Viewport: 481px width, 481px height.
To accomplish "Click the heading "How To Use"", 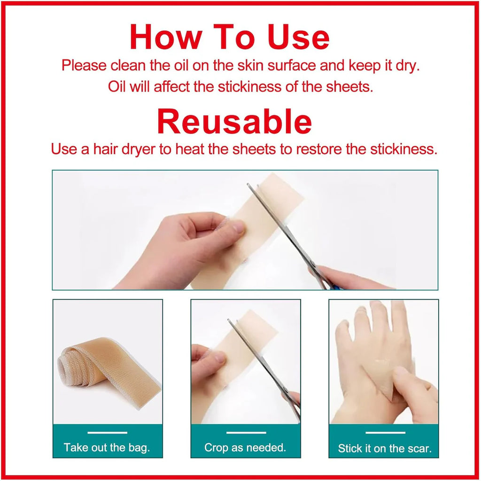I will (230, 37).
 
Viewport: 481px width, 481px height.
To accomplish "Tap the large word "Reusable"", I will (234, 121).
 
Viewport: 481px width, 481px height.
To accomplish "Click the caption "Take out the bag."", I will (107, 447).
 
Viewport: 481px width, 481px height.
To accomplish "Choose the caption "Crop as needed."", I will (245, 447).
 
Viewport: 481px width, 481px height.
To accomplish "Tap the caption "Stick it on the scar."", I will (384, 448).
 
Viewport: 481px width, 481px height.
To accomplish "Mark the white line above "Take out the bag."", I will (107, 432).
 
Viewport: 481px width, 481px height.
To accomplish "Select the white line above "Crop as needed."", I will (246, 432).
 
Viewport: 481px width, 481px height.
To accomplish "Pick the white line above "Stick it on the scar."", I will (385, 432).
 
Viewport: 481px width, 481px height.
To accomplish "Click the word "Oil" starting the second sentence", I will (117, 87).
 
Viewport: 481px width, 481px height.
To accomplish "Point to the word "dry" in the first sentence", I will (408, 65).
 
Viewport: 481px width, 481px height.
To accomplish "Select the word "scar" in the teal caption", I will (419, 449).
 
